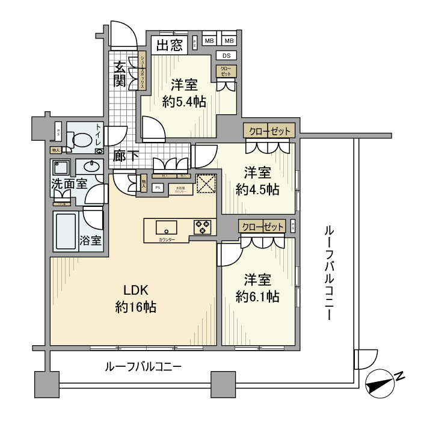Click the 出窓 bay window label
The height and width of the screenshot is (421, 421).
171,46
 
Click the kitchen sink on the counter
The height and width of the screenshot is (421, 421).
165,227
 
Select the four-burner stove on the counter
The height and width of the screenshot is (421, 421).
203,227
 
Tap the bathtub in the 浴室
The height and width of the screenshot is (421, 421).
66,232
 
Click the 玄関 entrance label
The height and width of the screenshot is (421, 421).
120,74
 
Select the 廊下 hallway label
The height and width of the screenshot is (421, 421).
126,156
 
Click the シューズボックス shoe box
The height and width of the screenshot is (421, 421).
143,72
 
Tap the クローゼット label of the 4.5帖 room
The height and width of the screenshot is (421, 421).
269,131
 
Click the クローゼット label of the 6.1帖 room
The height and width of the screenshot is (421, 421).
262,227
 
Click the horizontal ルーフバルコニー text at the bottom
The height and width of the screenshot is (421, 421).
143,366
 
